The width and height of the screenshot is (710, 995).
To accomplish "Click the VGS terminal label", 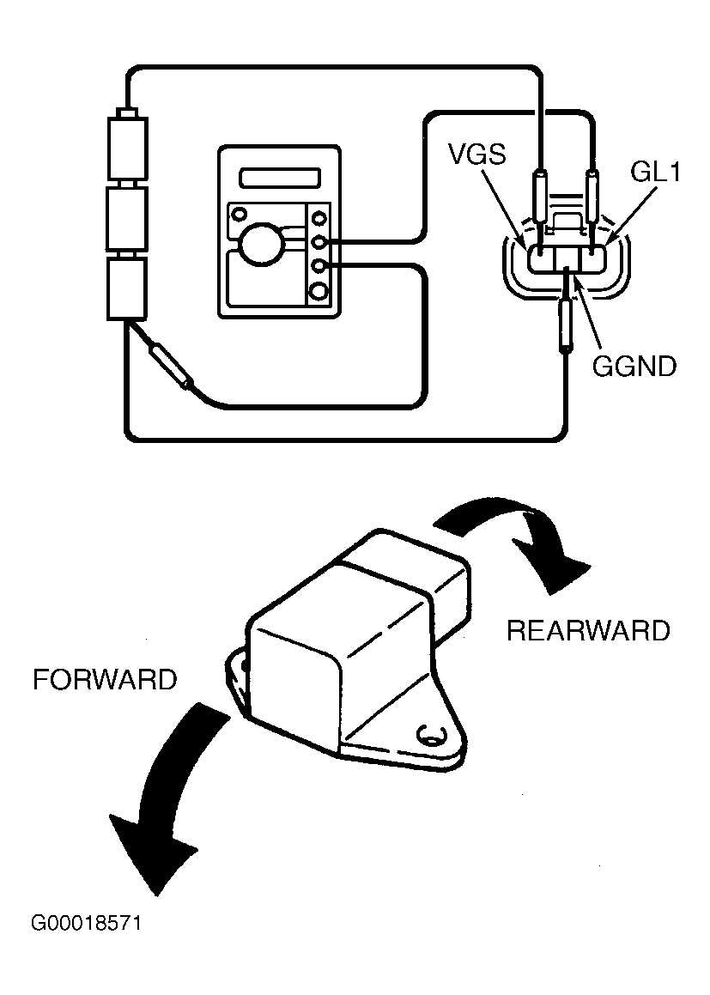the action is (476, 154).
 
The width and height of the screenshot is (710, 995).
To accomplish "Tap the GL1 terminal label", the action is (655, 172).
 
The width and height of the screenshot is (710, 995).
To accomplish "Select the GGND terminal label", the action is (634, 366).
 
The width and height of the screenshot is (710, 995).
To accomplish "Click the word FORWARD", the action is (105, 680).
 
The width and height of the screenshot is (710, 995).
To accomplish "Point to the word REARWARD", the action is (588, 631).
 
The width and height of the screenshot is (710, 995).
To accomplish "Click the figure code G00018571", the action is (86, 923).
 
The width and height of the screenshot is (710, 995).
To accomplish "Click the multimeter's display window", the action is (280, 177).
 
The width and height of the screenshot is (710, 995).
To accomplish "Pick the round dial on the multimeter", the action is (260, 245).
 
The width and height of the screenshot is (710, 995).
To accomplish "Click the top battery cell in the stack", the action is (128, 147).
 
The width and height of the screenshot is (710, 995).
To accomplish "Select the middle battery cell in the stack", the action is (128, 218).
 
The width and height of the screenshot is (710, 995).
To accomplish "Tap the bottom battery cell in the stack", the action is (128, 288).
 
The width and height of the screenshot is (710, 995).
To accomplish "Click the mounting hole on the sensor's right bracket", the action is (429, 735).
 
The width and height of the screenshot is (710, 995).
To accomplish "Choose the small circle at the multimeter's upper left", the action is (240, 212).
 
